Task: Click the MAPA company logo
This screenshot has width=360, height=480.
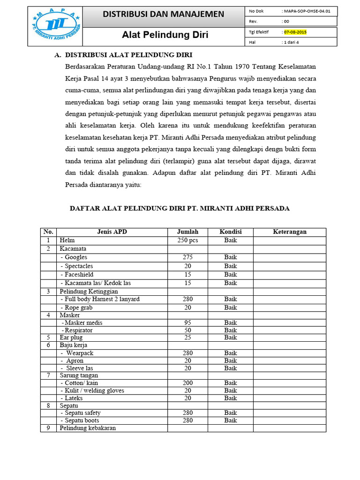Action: (55, 26)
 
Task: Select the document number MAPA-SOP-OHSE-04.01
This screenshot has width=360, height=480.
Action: (309, 11)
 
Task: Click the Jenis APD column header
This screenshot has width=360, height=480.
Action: (112, 232)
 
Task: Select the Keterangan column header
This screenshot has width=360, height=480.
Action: (289, 232)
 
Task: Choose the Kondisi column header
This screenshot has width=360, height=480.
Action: (230, 232)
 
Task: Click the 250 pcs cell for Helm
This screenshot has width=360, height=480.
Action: (187, 240)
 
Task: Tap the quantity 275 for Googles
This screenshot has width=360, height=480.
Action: (187, 257)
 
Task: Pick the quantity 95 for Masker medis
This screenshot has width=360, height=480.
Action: (187, 323)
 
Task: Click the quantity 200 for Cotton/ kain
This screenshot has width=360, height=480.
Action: (187, 383)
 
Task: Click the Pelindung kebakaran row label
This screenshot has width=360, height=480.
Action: (88, 428)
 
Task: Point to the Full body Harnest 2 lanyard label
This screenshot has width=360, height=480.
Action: (100, 299)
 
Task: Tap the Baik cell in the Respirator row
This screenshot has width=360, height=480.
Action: (230, 330)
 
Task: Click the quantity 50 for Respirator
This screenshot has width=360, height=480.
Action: (187, 330)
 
